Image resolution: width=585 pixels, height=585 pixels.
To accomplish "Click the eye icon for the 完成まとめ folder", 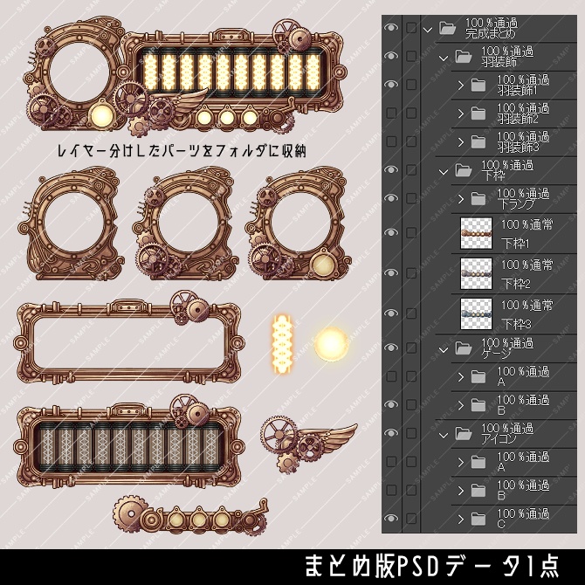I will pos(390,28).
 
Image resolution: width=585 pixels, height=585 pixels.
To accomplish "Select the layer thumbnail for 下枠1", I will pos(478,233).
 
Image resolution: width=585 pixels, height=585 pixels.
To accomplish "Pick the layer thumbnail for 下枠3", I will pos(478,314).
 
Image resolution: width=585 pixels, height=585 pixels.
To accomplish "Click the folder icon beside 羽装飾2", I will pos(477,113).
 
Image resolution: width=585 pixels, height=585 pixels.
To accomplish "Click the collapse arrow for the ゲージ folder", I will pos(443,348).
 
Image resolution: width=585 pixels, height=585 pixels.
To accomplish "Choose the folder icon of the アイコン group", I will pos(461,433).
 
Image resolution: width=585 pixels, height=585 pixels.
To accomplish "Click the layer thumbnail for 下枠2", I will pos(478,274).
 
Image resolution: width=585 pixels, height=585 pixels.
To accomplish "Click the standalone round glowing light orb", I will pos(332,343).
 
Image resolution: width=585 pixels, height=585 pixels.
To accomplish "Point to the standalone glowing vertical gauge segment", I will pos(282,341).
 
